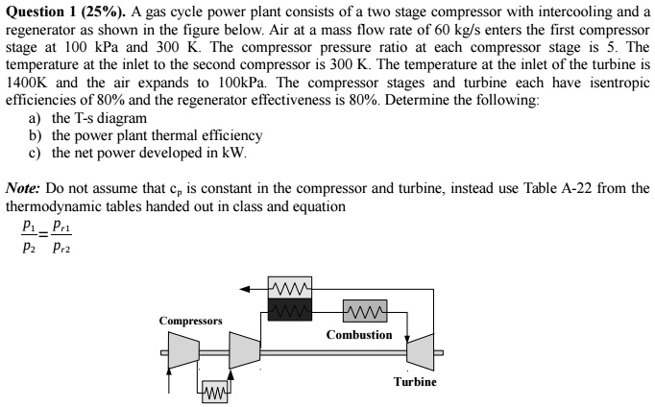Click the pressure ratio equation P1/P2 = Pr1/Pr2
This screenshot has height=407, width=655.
pos(46,233)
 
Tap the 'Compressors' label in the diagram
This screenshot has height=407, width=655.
pos(191,321)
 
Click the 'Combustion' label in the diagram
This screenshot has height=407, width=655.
pos(359,334)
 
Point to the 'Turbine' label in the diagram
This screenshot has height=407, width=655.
pos(415,381)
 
